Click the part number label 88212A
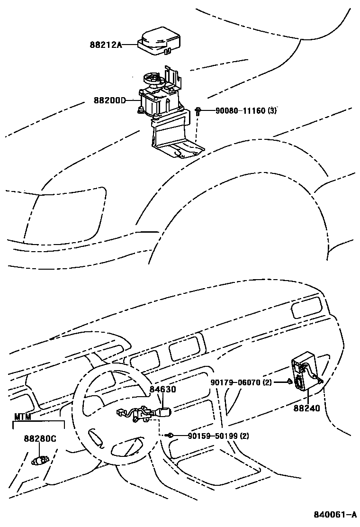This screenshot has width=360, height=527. tap(106, 45)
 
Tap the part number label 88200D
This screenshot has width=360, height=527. tap(109, 100)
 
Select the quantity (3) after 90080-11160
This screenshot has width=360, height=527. tap(272, 111)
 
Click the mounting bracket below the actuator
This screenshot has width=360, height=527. tap(173, 137)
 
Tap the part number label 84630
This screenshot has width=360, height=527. tap(163, 390)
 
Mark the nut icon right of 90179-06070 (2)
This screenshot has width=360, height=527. tap(289, 382)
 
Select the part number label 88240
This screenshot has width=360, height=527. tap(307, 408)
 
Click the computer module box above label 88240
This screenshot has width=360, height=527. tap(305, 372)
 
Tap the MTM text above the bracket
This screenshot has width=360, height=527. tap(22, 417)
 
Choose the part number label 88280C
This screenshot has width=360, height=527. tap(40, 439)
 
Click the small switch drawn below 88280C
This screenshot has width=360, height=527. tap(40, 459)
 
